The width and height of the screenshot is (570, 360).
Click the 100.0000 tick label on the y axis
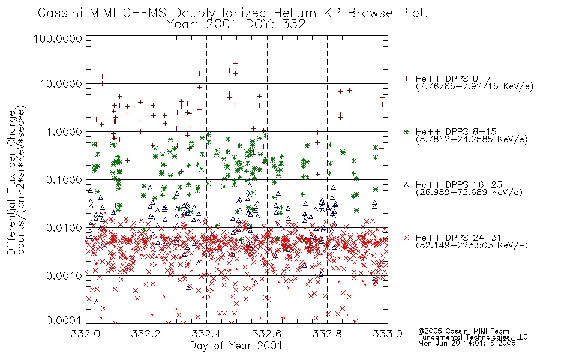58,38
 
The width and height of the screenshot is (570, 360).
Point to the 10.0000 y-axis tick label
61,84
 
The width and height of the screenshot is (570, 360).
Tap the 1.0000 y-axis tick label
64,131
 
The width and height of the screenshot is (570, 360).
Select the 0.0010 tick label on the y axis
64,275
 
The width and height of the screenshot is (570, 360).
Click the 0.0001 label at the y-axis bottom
64,320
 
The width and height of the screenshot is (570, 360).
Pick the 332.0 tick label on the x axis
85,334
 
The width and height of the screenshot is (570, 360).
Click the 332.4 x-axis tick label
206,334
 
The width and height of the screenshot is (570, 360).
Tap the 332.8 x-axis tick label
327,334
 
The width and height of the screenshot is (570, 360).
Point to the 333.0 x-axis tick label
387,334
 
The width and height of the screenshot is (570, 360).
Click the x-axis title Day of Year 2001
236,346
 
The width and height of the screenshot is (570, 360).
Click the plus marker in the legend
406,79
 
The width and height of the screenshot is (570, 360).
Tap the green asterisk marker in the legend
406,131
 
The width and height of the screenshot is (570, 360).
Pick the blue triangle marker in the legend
406,185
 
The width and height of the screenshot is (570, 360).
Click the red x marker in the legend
406,238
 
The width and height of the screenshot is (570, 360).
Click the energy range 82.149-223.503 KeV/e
472,245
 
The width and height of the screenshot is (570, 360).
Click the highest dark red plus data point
235,63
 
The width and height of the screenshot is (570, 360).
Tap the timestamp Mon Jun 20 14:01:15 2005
467,343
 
